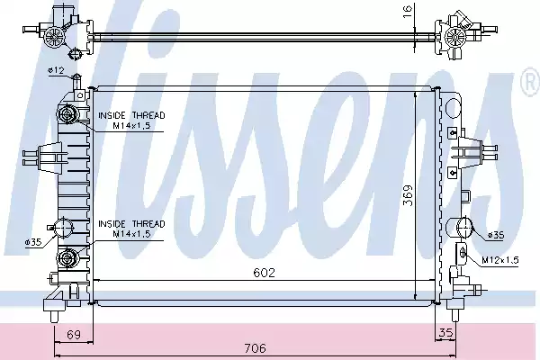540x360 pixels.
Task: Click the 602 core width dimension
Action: pos(264,273)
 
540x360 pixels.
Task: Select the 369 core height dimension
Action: pos(408,195)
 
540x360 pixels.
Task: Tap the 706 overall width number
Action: pos(256,348)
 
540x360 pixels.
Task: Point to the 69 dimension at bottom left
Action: pos(74,335)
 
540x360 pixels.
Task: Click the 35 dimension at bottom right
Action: pos(446,333)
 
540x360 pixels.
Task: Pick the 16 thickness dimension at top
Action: pos(408,12)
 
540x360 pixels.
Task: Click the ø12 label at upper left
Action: pos(56,70)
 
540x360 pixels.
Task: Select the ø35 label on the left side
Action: pos(33,242)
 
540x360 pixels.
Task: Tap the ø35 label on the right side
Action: pos(496,235)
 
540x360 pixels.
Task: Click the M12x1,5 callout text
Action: pos(500,260)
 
